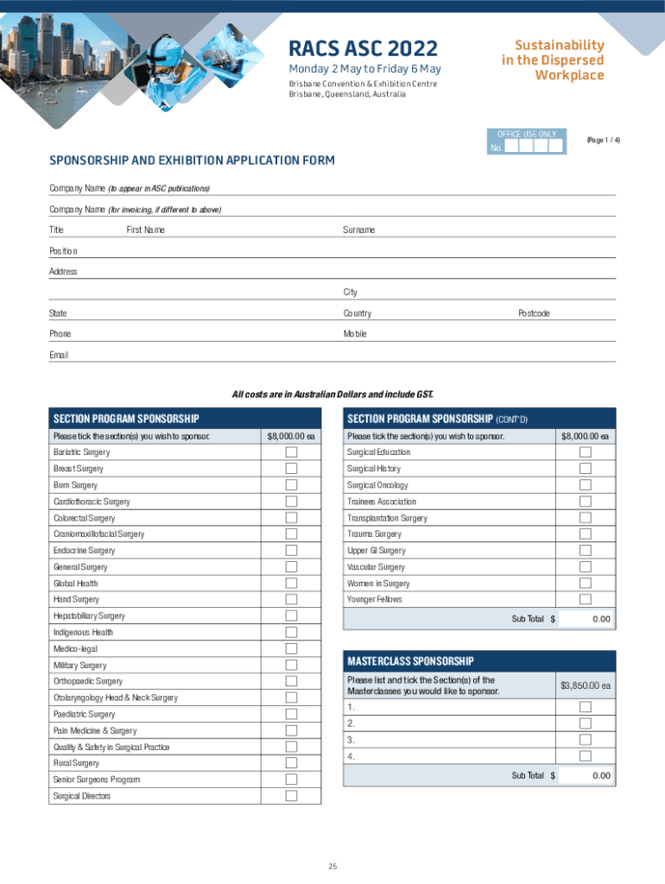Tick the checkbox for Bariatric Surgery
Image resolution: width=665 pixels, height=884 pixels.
(x=291, y=452)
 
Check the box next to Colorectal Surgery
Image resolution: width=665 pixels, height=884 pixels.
(x=291, y=518)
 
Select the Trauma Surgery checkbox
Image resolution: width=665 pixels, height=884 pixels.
(x=586, y=534)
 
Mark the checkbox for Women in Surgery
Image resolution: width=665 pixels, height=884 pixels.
(x=586, y=584)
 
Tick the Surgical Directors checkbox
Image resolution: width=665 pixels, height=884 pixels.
(x=291, y=796)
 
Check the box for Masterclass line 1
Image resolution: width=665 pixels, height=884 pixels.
(x=586, y=707)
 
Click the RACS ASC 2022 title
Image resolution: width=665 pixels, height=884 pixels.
(x=363, y=48)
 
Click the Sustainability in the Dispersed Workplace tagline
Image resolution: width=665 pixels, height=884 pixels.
(x=553, y=60)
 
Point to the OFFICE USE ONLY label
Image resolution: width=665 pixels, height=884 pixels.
(x=527, y=134)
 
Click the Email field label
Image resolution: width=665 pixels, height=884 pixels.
(x=59, y=355)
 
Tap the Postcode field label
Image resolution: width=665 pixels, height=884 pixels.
(x=534, y=313)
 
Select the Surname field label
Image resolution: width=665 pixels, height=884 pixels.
(x=358, y=230)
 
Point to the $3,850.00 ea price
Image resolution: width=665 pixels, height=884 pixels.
(x=586, y=685)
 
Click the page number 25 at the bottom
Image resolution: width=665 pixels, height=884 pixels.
(x=332, y=866)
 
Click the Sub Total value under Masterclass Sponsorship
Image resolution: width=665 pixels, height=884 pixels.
(x=586, y=776)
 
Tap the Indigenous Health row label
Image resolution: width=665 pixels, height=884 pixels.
(x=83, y=633)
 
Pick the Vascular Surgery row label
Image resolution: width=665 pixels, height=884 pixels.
(x=376, y=567)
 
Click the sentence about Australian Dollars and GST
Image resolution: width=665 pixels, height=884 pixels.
(x=332, y=395)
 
